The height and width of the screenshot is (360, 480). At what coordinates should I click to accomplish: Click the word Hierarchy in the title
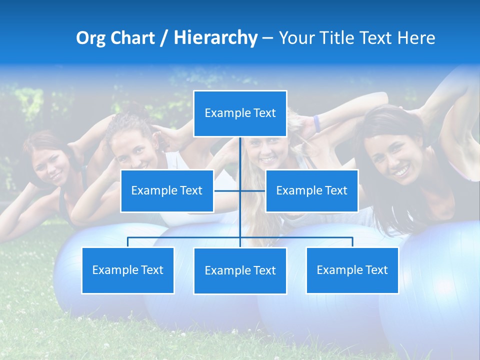pyautogui.click(x=215, y=38)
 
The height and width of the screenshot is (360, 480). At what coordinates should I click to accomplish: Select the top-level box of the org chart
pyautogui.click(x=240, y=113)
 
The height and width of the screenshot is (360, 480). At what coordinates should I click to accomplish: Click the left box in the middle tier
pyautogui.click(x=167, y=190)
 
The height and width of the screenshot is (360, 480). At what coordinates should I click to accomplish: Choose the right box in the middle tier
pyautogui.click(x=311, y=190)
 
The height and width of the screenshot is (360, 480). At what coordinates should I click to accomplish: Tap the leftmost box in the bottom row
pyautogui.click(x=128, y=270)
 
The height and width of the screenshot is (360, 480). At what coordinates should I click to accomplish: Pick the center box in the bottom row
pyautogui.click(x=240, y=270)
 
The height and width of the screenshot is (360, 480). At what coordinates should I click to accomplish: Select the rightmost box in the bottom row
pyautogui.click(x=352, y=270)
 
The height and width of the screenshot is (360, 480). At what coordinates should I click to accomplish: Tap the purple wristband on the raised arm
pyautogui.click(x=316, y=123)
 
